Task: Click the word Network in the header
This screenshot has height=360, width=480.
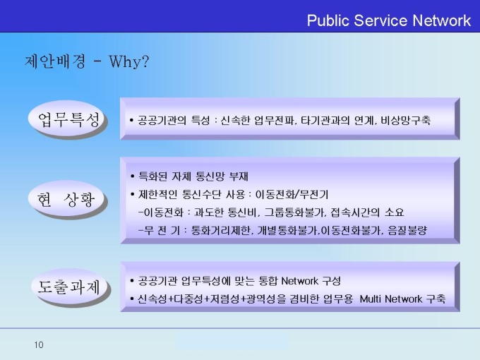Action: pos(441,20)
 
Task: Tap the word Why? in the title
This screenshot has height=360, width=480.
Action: pos(129,61)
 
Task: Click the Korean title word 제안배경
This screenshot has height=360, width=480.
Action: pos(55,61)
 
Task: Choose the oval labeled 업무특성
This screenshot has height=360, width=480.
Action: pos(67,119)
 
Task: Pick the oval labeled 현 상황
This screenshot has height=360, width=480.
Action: pos(67,199)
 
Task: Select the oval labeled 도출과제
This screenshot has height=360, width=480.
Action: pos(70,287)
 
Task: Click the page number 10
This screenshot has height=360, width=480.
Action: pos(39,344)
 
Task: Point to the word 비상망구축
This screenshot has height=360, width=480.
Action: pos(406,120)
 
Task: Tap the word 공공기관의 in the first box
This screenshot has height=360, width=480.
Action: pos(162,120)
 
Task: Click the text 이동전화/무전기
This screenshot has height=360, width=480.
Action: pos(292,194)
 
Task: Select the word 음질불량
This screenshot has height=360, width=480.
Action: pos(407,230)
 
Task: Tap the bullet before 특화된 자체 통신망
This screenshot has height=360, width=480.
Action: pos(132,176)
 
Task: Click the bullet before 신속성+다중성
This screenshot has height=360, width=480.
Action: pos(132,299)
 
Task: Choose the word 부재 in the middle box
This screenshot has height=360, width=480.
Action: pos(239,176)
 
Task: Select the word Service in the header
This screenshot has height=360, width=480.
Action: pos(380,20)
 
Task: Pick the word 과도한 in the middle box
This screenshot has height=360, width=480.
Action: pos(209,212)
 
